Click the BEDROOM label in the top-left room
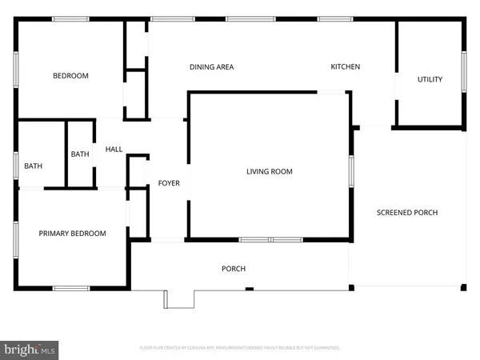point(70,76)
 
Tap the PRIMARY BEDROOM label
point(73,234)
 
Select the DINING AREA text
point(211,67)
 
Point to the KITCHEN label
point(346,67)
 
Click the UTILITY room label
point(430,79)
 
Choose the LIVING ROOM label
point(269,171)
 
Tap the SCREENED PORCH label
point(407,212)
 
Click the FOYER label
point(168,183)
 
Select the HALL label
point(113,149)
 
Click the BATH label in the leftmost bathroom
point(33,166)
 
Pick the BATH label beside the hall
point(80,154)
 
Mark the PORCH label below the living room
point(234,269)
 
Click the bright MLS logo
point(30,349)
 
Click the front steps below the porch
point(179,298)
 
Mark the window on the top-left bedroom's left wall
point(17,69)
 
